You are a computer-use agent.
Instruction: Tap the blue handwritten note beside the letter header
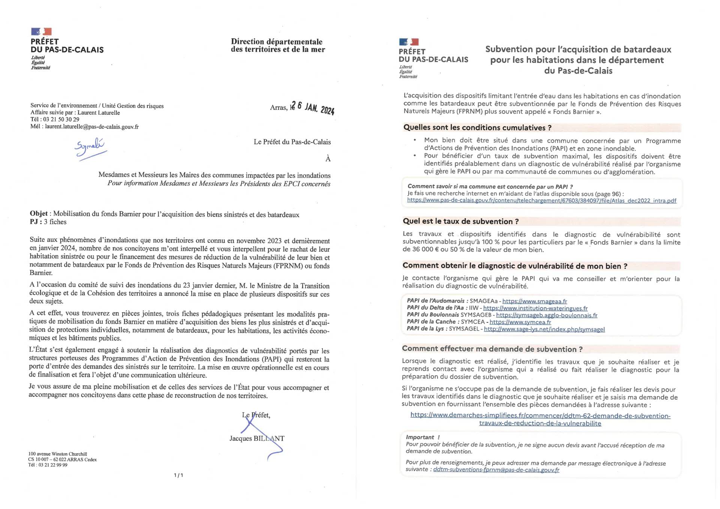pyautogui.click(x=90, y=148)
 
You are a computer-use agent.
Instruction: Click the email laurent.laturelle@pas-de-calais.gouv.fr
pyautogui.click(x=92, y=127)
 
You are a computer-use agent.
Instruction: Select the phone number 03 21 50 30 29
pyautogui.click(x=61, y=120)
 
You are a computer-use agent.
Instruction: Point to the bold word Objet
pyautogui.click(x=39, y=214)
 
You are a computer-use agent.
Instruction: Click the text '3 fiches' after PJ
pyautogui.click(x=55, y=222)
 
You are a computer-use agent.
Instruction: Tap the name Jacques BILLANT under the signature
pyautogui.click(x=257, y=438)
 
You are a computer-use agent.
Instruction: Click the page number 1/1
pyautogui.click(x=178, y=475)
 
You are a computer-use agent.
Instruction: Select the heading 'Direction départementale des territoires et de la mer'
pyautogui.click(x=277, y=45)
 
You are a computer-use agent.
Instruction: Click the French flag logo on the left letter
pyautogui.click(x=41, y=31)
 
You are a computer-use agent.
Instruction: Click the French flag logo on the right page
pyautogui.click(x=409, y=42)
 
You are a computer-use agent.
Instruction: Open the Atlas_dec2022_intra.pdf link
pyautogui.click(x=541, y=201)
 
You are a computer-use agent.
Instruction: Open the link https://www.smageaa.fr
pyautogui.click(x=534, y=301)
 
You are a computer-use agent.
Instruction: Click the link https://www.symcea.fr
pyautogui.click(x=520, y=322)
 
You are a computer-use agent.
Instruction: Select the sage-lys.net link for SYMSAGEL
pyautogui.click(x=544, y=329)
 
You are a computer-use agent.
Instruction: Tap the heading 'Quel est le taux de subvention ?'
pyautogui.click(x=460, y=222)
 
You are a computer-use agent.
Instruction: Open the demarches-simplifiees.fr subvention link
pyautogui.click(x=540, y=419)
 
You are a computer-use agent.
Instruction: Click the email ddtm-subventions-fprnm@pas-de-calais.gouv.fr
pyautogui.click(x=496, y=470)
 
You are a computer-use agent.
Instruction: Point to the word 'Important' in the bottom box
pyautogui.click(x=420, y=437)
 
